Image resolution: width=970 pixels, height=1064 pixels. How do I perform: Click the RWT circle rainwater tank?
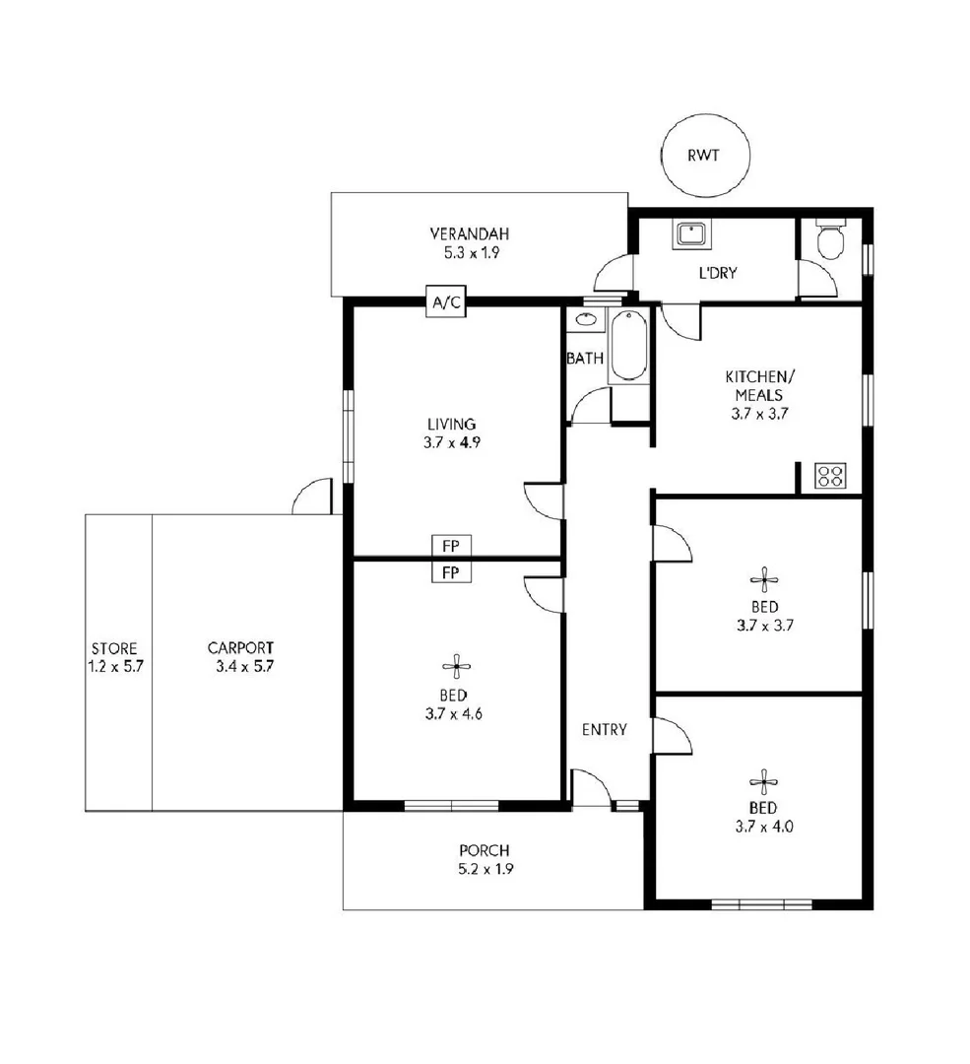704,155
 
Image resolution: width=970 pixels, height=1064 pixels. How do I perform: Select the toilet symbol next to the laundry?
830,239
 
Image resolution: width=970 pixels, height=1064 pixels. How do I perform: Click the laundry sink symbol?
689,234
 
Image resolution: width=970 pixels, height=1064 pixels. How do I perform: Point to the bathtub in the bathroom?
627,346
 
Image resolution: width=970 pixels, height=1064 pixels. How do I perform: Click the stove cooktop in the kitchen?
830,477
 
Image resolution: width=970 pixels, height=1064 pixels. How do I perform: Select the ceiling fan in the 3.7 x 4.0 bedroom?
764,783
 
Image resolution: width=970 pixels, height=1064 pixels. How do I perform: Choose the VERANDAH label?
469,234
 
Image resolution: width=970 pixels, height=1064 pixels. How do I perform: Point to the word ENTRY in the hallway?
604,729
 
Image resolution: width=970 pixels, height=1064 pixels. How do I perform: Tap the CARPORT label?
240,648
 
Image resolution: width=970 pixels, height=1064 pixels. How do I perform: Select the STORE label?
114,648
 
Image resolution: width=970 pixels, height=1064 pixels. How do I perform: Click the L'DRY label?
718,273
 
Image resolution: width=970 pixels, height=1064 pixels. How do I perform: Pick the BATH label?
585,359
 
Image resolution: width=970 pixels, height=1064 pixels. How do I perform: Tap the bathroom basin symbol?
586,319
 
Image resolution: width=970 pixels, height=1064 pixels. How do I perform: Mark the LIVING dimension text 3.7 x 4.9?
446,442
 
